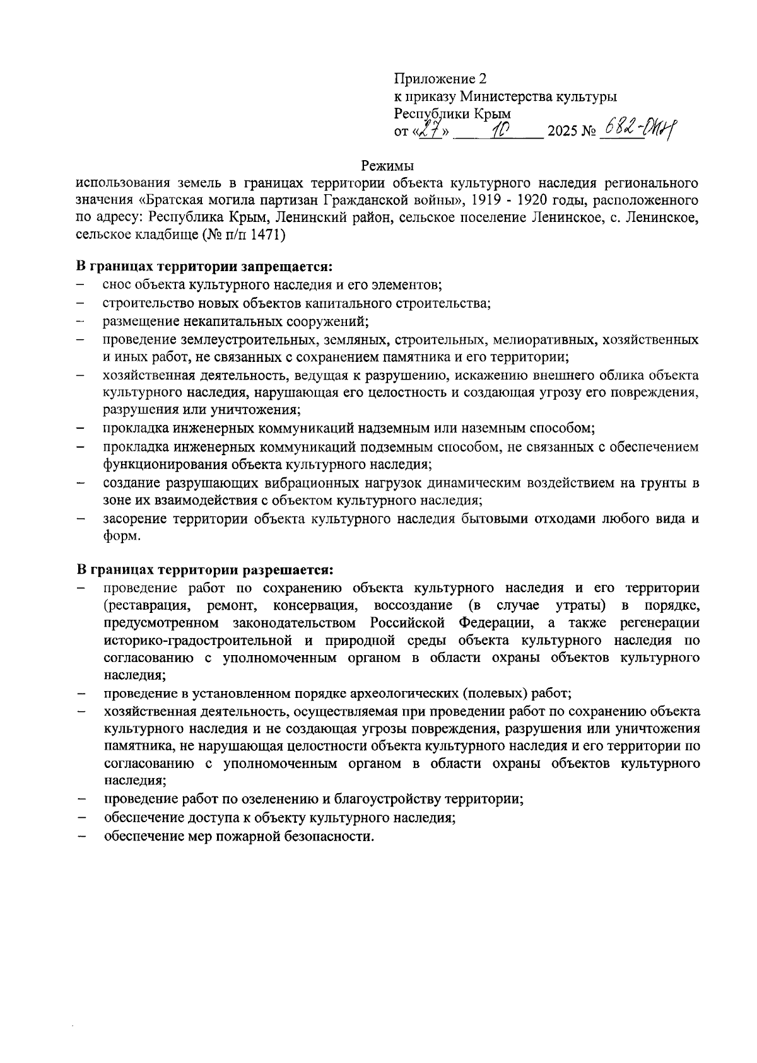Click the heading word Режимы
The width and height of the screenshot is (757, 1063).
point(387,166)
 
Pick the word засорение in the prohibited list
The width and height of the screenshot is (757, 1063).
point(134,519)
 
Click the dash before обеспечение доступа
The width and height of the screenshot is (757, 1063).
point(81,818)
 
